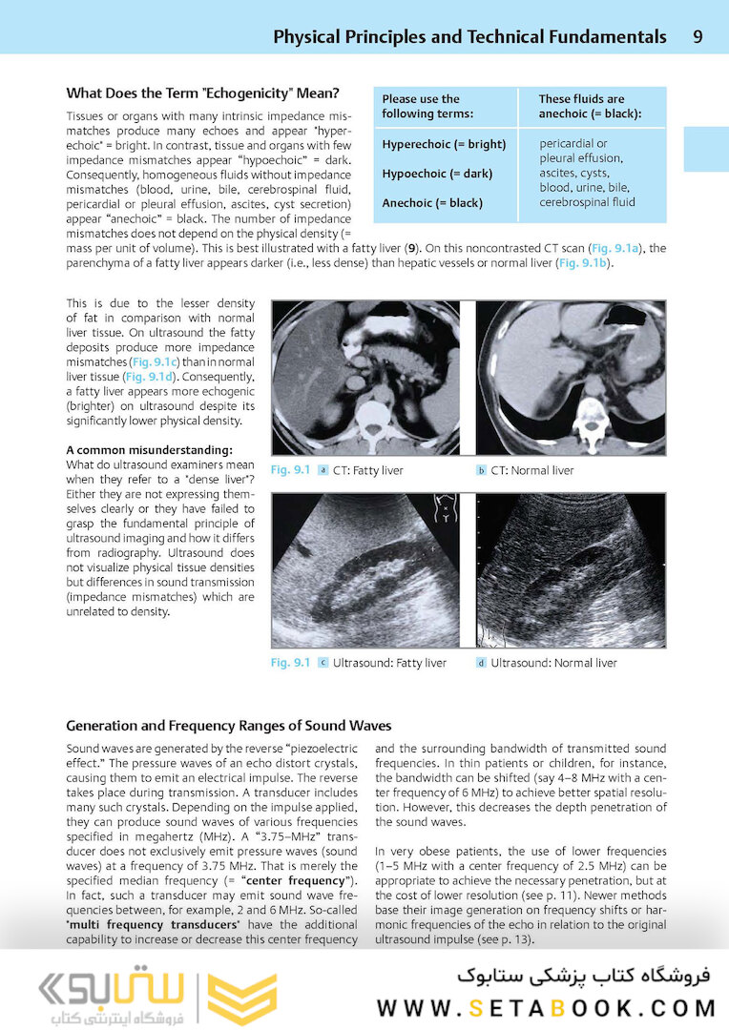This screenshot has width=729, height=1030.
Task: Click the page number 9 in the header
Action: (698, 37)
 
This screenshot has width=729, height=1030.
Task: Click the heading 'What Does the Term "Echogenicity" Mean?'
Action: (203, 93)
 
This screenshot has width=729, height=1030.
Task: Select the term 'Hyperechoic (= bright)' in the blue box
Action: (444, 145)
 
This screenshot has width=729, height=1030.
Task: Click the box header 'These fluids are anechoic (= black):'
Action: (589, 106)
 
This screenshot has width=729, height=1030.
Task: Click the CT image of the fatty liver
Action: (365, 378)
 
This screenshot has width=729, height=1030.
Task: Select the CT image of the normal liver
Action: (571, 378)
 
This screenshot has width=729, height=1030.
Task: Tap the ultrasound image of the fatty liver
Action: (365, 569)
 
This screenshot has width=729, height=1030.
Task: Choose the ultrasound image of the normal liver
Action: (571, 569)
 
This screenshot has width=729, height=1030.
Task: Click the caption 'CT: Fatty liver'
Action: (367, 470)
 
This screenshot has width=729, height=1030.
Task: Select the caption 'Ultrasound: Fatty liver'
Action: (388, 663)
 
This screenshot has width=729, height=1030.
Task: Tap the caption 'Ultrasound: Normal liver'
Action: (553, 663)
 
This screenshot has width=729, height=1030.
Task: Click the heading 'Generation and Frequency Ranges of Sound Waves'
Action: (229, 726)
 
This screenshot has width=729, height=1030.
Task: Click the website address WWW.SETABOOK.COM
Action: (547, 1008)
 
